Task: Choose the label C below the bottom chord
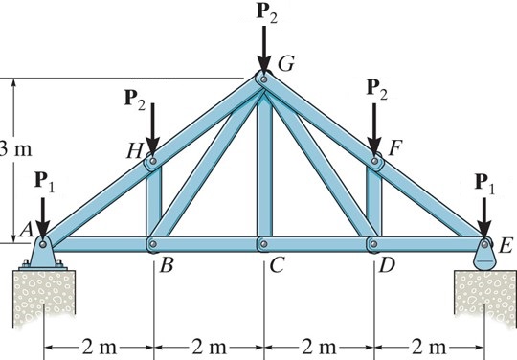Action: point(277,265)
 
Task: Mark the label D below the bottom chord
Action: point(388,265)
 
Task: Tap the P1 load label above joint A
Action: point(41,179)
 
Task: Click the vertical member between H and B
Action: point(153,203)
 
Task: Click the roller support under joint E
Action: point(484,259)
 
